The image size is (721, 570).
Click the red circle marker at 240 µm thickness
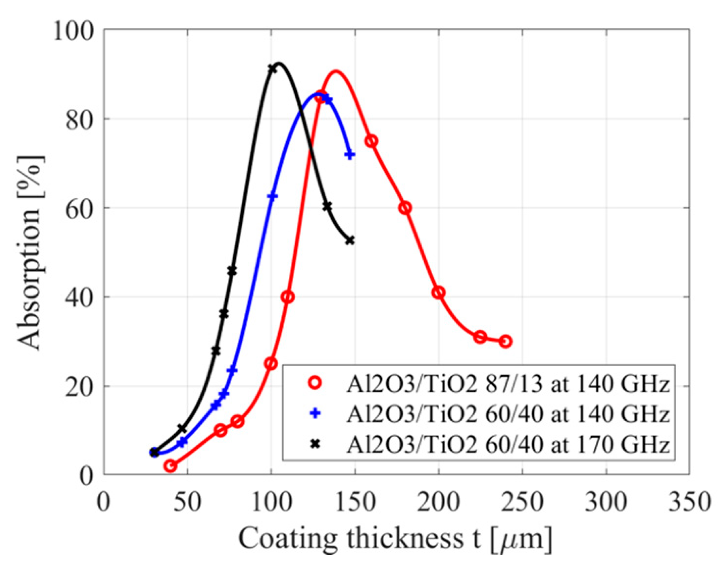(x=506, y=341)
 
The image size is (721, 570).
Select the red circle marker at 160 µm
(x=372, y=141)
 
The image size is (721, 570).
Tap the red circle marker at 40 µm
(x=170, y=466)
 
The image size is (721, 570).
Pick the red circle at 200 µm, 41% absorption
(x=438, y=292)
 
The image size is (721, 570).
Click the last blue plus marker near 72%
(x=350, y=155)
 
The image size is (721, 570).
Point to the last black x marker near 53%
(x=350, y=241)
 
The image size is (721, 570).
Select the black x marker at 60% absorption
(x=327, y=206)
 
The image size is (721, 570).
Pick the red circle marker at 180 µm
(x=405, y=208)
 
